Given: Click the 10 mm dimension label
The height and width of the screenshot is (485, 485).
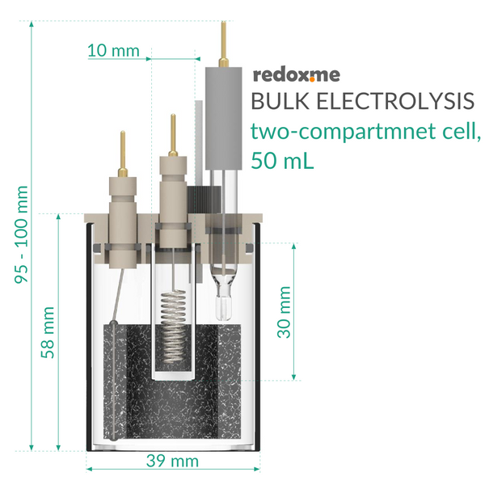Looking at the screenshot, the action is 113,50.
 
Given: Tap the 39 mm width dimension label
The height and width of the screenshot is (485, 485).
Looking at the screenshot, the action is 172,461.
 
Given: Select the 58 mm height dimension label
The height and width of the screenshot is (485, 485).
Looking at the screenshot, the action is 48,332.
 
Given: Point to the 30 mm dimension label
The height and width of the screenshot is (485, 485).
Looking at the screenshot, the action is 284,312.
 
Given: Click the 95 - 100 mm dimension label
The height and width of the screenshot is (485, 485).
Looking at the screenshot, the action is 21,234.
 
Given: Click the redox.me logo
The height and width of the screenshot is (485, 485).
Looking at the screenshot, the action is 297,75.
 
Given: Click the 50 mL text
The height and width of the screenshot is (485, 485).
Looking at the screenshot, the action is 282,160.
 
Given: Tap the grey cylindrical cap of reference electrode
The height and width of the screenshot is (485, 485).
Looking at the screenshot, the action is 224,119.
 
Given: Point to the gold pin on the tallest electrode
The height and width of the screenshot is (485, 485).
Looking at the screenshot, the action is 223,44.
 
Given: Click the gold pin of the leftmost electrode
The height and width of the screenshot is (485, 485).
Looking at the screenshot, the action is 123,154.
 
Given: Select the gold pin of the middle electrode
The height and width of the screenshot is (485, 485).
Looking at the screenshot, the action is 173,135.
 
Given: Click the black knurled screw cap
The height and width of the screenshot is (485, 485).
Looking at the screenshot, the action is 205,200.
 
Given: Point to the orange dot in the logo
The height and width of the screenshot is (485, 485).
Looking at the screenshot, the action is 312,79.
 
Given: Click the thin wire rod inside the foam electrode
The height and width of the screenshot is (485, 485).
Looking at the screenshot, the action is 114,381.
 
